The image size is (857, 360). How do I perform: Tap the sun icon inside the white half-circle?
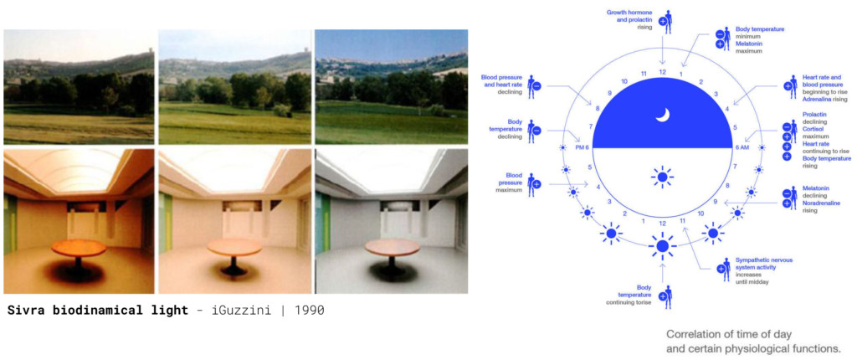pyautogui.click(x=662, y=177)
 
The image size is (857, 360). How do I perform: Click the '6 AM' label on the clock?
pyautogui.click(x=742, y=147)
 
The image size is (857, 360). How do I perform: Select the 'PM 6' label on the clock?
pyautogui.click(x=582, y=147)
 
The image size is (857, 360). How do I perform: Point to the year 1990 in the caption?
pyautogui.click(x=308, y=310)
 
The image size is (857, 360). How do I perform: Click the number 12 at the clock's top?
pyautogui.click(x=662, y=72)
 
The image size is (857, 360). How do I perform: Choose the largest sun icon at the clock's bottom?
pyautogui.click(x=662, y=246)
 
